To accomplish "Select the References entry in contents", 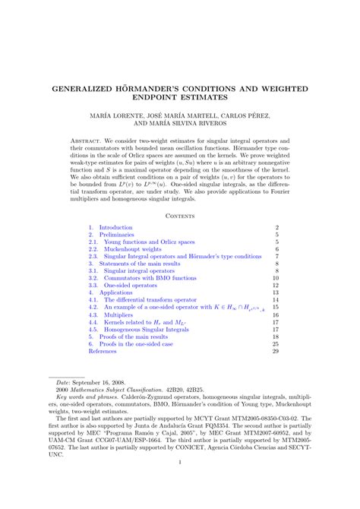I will click(x=103, y=352).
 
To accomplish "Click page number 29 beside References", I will click(x=276, y=352).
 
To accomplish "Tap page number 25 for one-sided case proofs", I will click(x=276, y=343).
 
